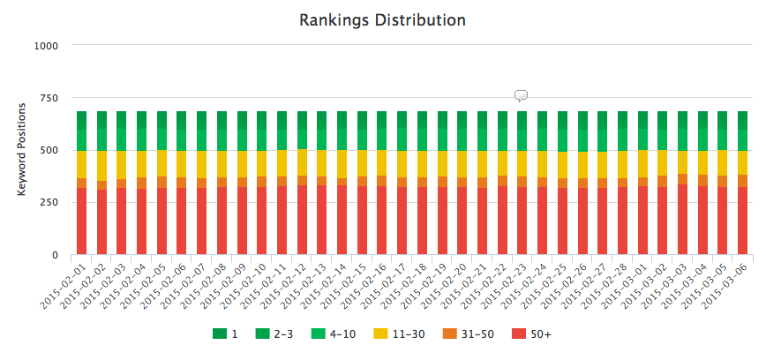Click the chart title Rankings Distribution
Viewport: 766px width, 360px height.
(x=382, y=19)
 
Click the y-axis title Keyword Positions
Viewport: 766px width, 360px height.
(x=22, y=150)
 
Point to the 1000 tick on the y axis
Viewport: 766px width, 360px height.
(x=46, y=45)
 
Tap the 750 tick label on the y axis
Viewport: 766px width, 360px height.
(x=49, y=98)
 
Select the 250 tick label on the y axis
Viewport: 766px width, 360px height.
(x=49, y=203)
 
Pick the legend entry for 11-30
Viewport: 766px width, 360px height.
(x=411, y=334)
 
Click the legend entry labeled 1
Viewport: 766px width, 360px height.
(x=228, y=334)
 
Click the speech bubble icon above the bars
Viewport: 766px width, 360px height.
(x=521, y=95)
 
